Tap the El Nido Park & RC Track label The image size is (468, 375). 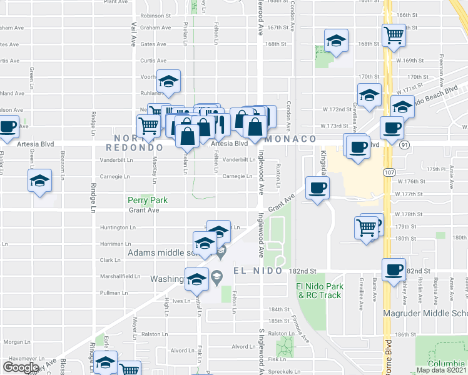point(319,291)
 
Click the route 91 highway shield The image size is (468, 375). point(405,144)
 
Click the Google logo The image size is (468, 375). point(21,367)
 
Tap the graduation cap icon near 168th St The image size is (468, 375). point(337,41)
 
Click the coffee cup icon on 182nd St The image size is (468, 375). point(394,269)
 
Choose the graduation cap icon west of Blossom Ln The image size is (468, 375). point(39,181)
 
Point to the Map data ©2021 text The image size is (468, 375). point(441,370)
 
